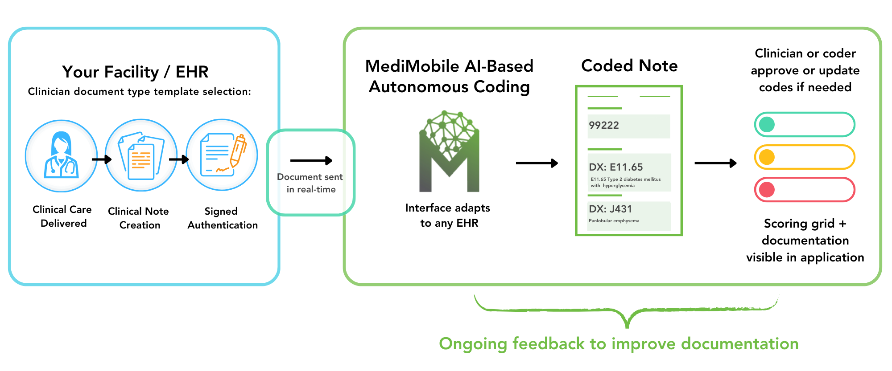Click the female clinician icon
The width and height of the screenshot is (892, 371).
tap(61, 156)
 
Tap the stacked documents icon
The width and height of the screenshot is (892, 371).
tap(141, 155)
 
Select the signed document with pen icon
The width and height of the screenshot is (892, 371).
tap(222, 155)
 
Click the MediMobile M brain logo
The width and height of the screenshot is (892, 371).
tap(449, 152)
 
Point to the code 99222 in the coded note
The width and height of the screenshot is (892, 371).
tap(603, 126)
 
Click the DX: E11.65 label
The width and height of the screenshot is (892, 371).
tap(615, 167)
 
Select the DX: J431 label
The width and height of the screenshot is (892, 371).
tap(610, 209)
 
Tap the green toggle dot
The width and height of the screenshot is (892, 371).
tap(767, 125)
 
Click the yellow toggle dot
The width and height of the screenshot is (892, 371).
tap(767, 157)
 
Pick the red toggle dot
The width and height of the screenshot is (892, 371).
tap(767, 190)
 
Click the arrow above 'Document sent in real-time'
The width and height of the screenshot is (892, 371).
tap(311, 161)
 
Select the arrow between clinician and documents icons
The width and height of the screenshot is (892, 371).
tap(102, 159)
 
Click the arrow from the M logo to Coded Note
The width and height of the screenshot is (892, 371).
tap(537, 163)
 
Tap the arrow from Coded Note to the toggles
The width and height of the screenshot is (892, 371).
tap(715, 163)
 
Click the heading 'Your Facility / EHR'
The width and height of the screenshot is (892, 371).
tap(135, 72)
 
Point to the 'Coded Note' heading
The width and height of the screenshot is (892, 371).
tap(629, 66)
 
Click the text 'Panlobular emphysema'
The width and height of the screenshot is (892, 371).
tap(614, 221)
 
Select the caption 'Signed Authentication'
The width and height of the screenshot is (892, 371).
tap(222, 218)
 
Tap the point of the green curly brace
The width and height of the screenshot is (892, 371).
tap(627, 326)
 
